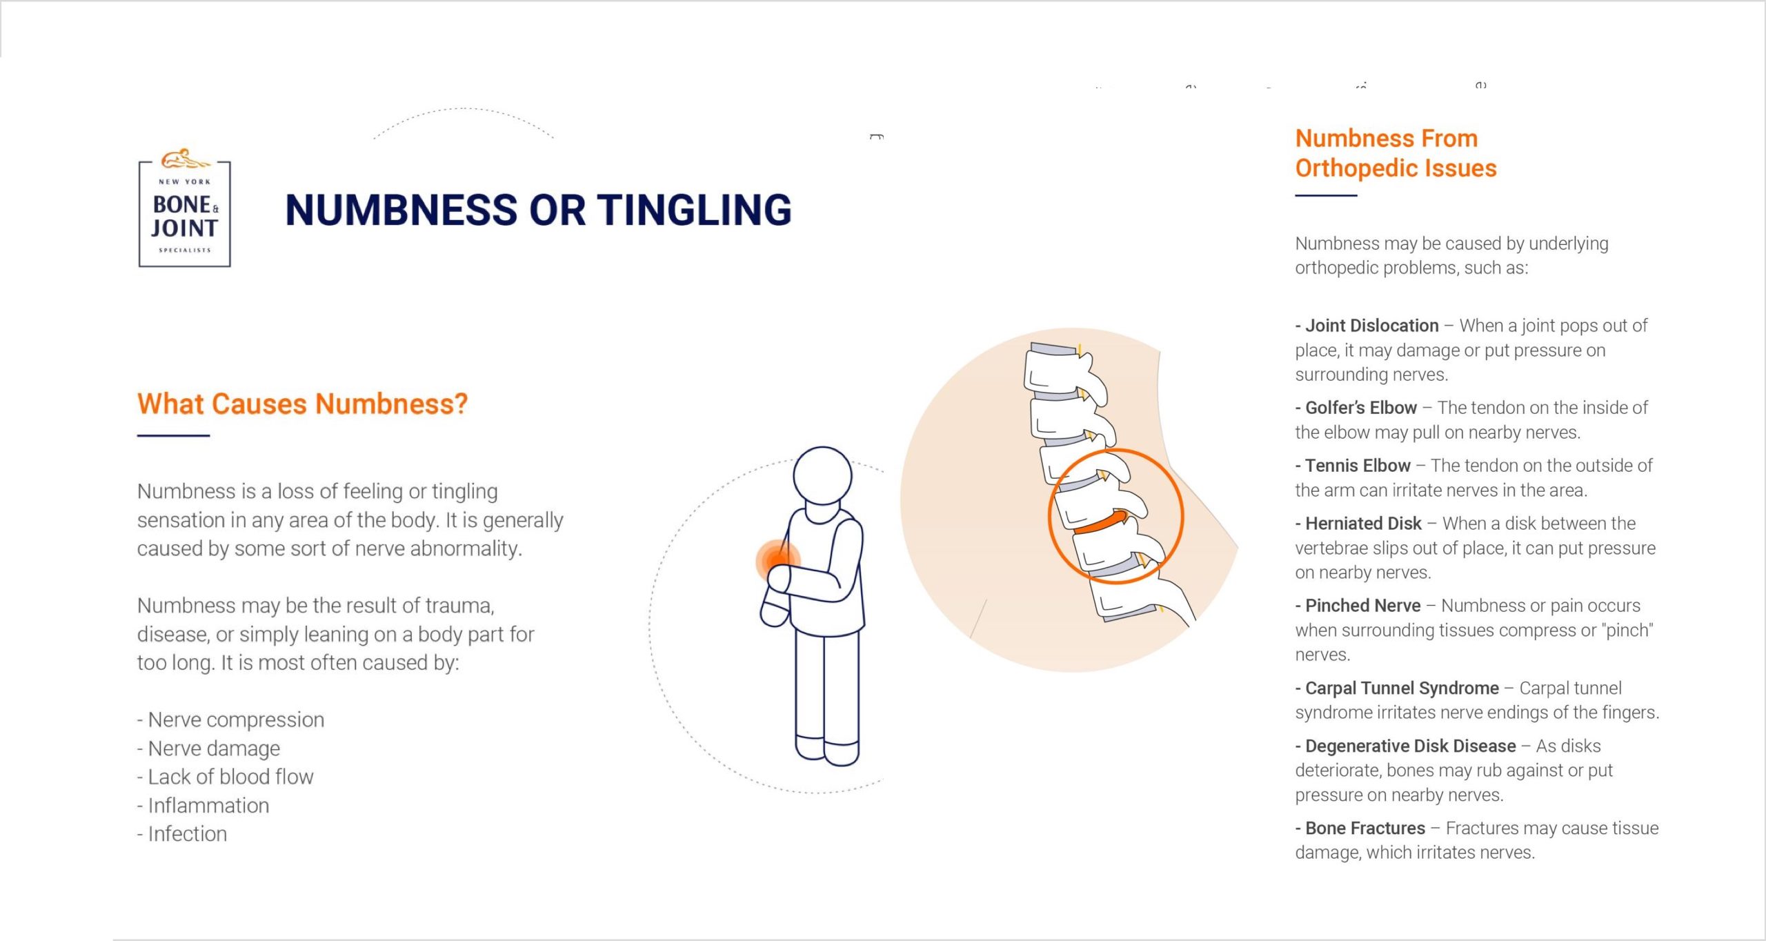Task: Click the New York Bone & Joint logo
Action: click(185, 207)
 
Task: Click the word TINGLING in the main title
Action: click(695, 210)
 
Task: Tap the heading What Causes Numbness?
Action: click(303, 404)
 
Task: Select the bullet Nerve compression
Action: click(230, 720)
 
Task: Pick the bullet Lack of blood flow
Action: click(225, 777)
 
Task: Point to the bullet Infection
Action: click(182, 834)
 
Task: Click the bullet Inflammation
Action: click(203, 805)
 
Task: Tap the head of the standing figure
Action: click(822, 477)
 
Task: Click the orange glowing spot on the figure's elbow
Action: click(778, 559)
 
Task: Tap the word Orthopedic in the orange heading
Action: click(1356, 169)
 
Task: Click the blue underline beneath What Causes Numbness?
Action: click(173, 435)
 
